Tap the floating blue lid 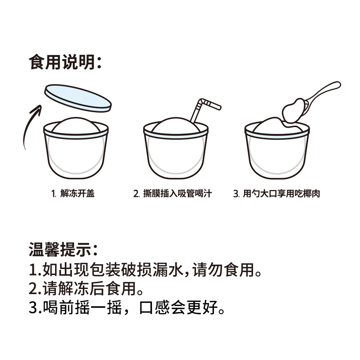pos(77,98)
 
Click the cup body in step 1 pos(76,155)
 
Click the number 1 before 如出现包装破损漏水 pos(33,269)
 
